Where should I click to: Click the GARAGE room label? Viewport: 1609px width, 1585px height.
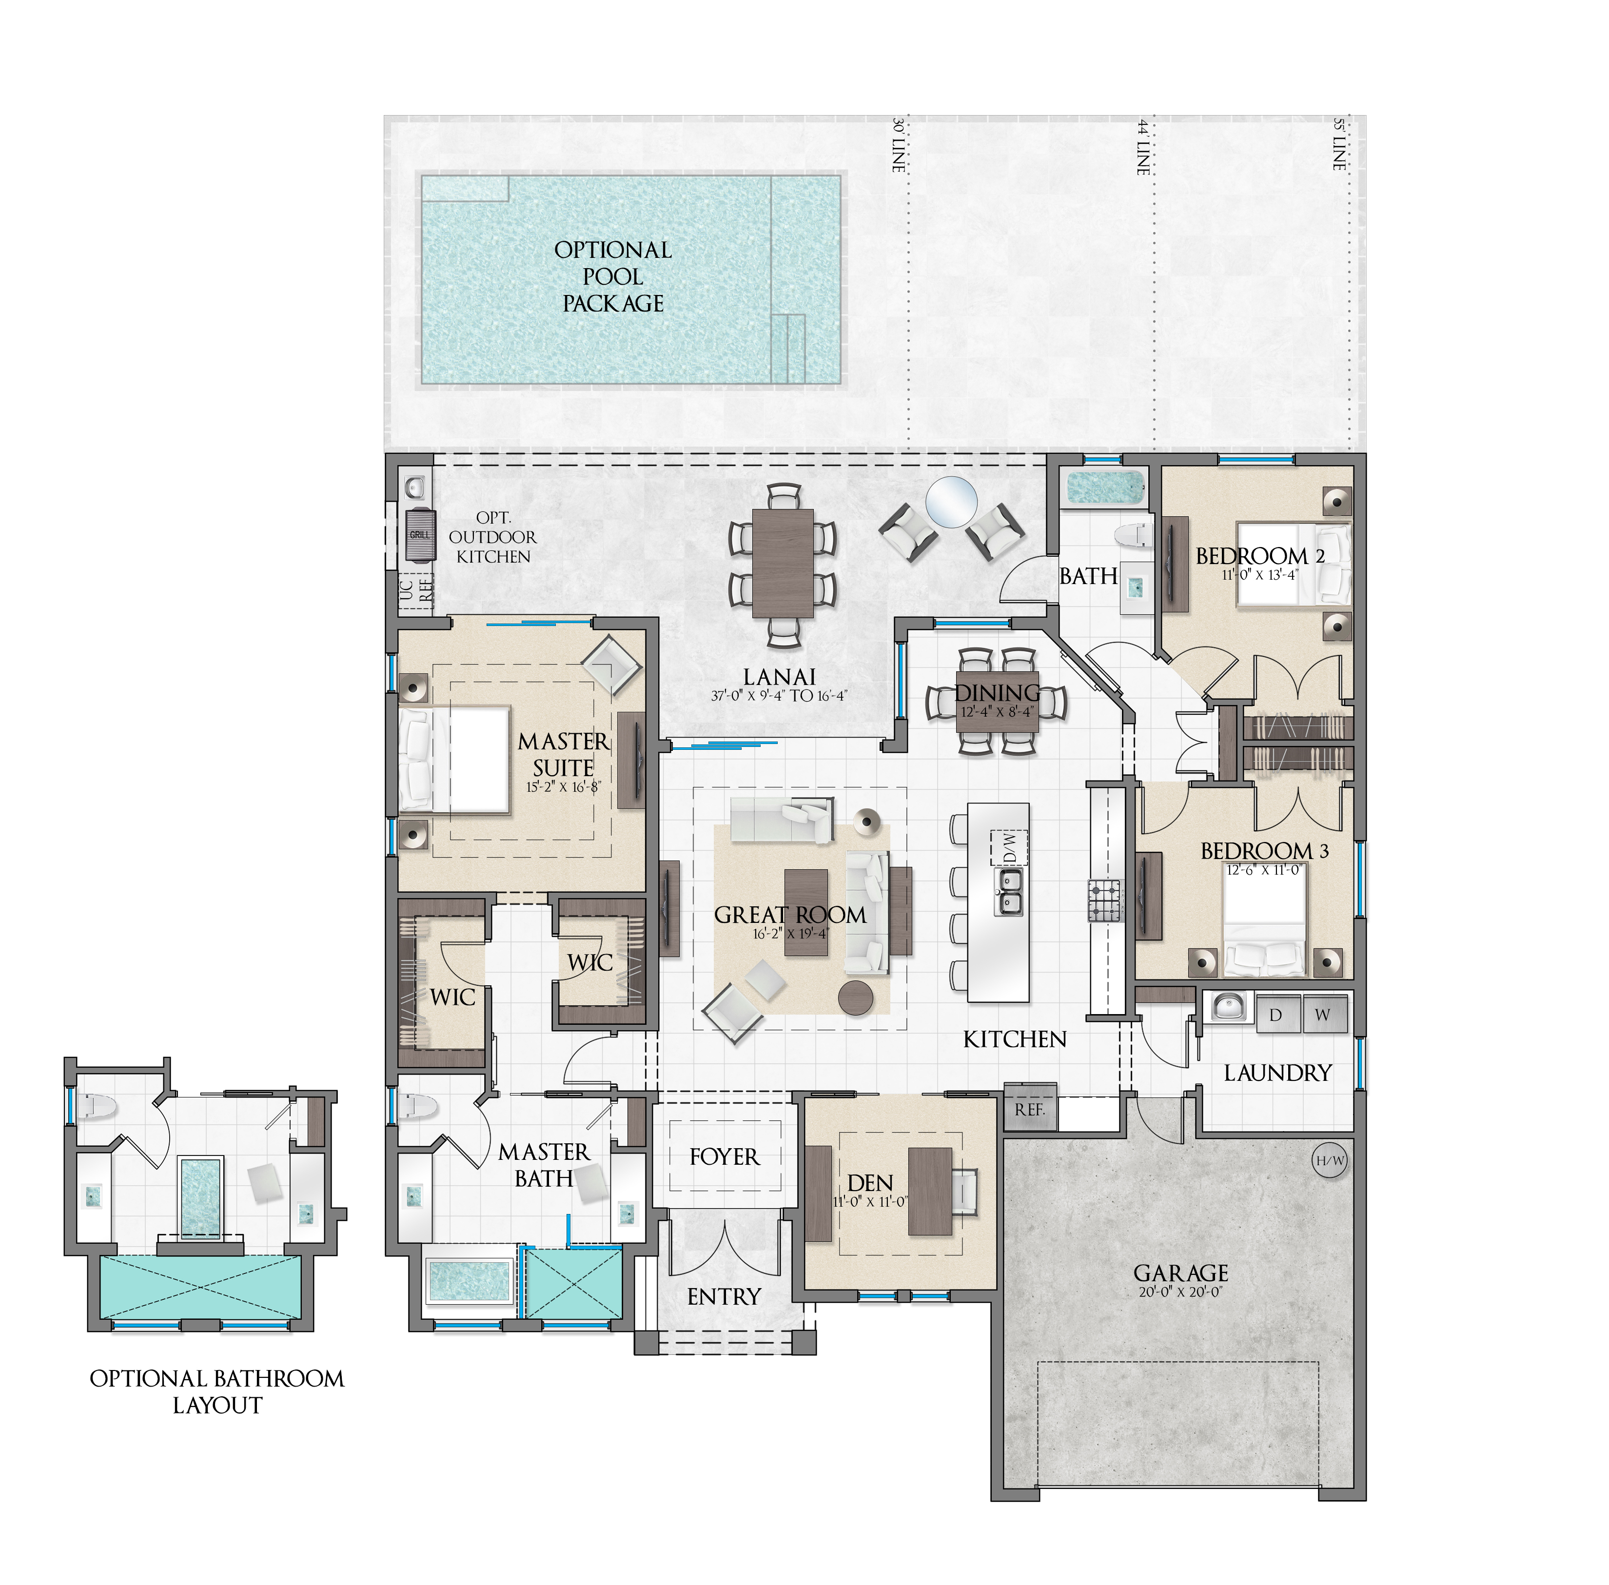1180,1273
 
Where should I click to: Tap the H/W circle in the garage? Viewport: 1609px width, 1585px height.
1329,1160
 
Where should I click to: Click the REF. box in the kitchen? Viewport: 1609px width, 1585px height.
1030,1109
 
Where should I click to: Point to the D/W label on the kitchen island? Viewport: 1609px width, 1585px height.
1009,847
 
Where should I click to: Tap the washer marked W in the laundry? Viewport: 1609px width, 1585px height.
1323,1015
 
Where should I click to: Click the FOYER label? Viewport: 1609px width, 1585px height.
724,1156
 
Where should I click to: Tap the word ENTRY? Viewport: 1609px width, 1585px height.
724,1296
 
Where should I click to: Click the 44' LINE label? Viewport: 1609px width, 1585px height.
1144,147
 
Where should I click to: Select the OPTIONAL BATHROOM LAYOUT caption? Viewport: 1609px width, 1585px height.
216,1392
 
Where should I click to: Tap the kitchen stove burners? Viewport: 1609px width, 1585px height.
1104,900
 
